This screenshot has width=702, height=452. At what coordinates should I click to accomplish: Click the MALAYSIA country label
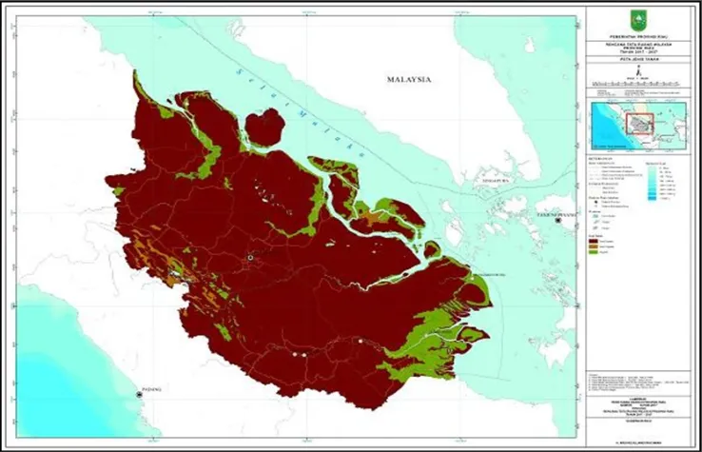(409, 80)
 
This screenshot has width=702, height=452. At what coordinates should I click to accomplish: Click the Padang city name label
(152, 388)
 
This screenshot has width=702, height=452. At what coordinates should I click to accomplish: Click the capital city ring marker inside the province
(250, 257)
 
